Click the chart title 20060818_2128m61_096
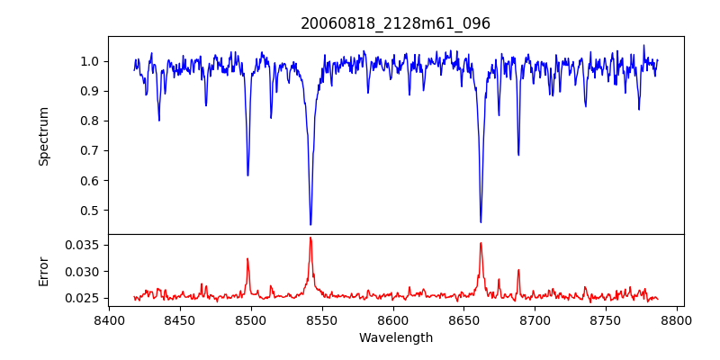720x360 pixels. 395,23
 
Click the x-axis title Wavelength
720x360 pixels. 395,337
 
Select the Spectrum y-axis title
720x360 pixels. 43,136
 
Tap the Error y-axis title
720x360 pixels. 43,270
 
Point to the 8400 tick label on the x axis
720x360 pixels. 109,319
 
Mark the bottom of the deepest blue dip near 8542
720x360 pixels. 310,224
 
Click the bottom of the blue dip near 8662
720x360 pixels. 481,222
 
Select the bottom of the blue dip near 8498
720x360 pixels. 247,175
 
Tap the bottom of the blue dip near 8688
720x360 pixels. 518,155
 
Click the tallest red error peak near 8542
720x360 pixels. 310,238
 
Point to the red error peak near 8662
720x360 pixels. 481,243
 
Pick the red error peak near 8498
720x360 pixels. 247,259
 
